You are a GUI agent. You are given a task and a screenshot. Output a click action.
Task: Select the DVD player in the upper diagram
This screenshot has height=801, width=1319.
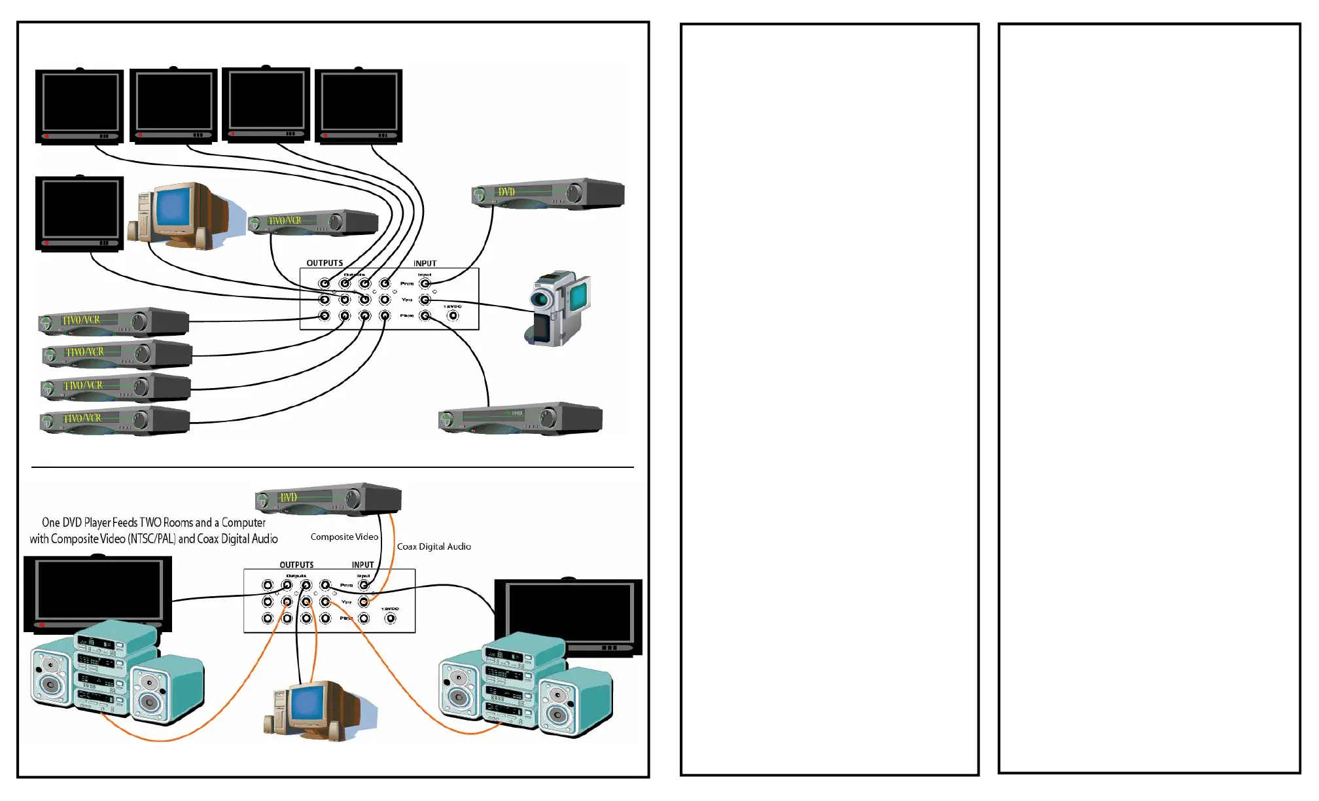548,194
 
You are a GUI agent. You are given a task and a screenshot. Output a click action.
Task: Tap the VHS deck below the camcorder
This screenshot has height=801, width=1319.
520,418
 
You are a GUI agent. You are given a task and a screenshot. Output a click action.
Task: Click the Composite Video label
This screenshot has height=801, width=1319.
344,537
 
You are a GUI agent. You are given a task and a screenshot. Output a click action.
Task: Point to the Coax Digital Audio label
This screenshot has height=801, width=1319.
434,546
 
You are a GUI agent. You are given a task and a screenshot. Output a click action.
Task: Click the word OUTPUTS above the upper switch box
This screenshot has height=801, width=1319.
325,263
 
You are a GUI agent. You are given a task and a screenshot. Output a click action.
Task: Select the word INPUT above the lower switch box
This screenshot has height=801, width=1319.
362,565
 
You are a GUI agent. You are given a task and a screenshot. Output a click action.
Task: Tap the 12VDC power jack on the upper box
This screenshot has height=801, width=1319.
453,316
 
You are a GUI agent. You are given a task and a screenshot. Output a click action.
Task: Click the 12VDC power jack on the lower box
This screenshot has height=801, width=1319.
390,618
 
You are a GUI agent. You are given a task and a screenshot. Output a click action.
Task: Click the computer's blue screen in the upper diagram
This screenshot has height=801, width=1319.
173,206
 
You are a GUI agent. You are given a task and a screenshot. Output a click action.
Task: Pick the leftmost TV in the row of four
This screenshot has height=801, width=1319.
80,106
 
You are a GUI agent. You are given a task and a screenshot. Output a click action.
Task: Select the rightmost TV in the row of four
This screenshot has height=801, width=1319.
359,105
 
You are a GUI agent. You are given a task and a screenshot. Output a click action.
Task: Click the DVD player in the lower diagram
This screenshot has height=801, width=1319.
328,499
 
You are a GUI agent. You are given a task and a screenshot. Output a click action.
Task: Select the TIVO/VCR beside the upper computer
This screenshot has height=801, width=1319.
313,222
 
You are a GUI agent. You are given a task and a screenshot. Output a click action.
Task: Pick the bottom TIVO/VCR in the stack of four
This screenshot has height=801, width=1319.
114,420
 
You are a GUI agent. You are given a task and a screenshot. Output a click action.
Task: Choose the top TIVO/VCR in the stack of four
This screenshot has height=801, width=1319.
114,321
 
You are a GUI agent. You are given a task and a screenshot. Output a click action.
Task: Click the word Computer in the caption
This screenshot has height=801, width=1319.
243,523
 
